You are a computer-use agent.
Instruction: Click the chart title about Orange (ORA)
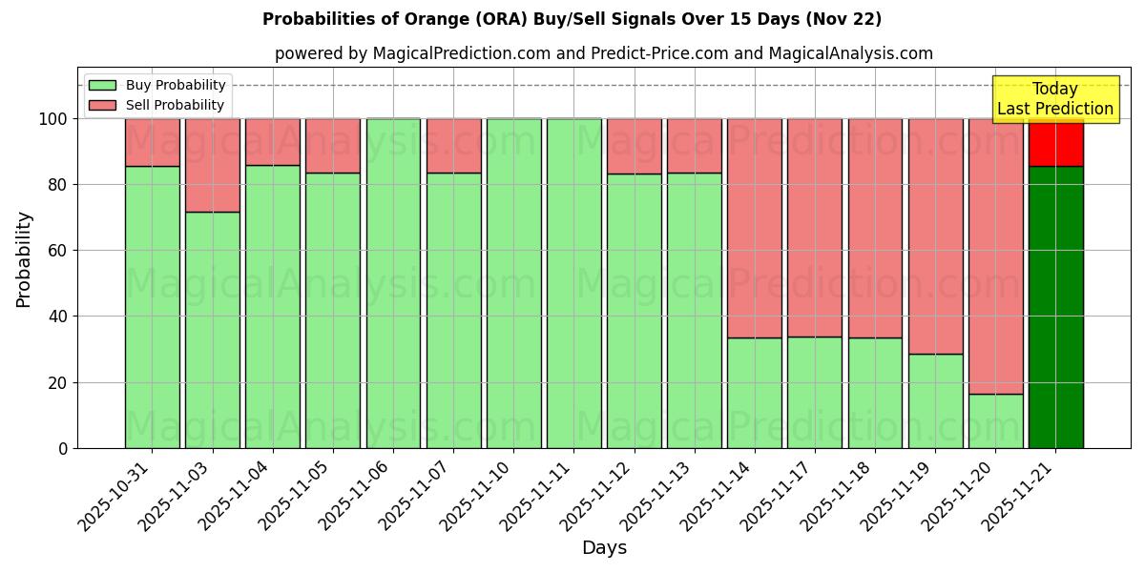[x=572, y=19]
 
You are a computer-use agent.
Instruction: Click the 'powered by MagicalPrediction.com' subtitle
[x=603, y=53]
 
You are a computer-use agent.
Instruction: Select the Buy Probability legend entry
[x=157, y=85]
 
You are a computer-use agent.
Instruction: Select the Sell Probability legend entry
[x=157, y=105]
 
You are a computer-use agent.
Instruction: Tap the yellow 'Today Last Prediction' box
[x=1054, y=99]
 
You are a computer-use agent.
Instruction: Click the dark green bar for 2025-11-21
[x=1055, y=305]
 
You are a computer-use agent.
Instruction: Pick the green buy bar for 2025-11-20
[x=995, y=420]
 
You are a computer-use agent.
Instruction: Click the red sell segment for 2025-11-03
[x=212, y=165]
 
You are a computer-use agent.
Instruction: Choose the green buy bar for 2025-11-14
[x=754, y=392]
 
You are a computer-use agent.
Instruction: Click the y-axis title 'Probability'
[x=24, y=259]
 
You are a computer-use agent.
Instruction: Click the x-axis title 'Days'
[x=603, y=548]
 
